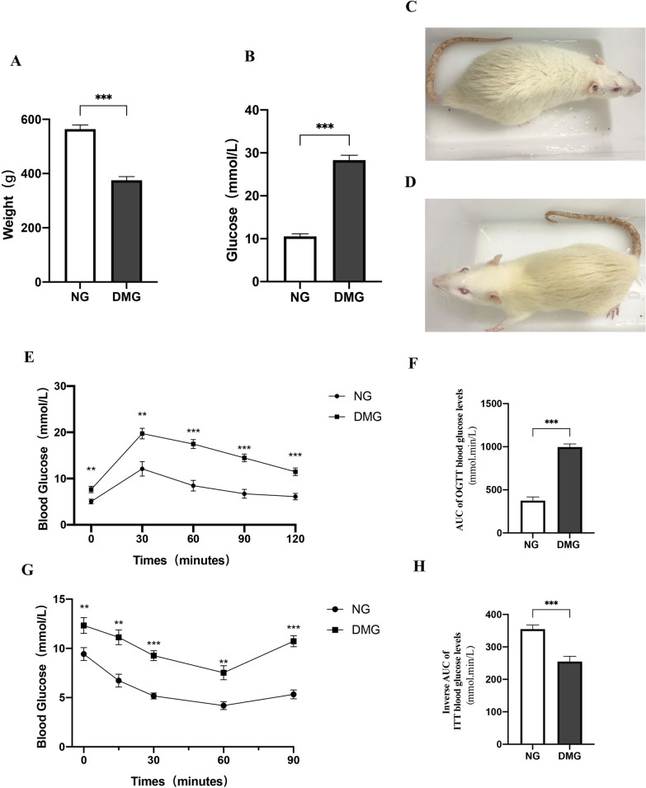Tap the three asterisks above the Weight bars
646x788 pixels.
coord(104,97)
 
